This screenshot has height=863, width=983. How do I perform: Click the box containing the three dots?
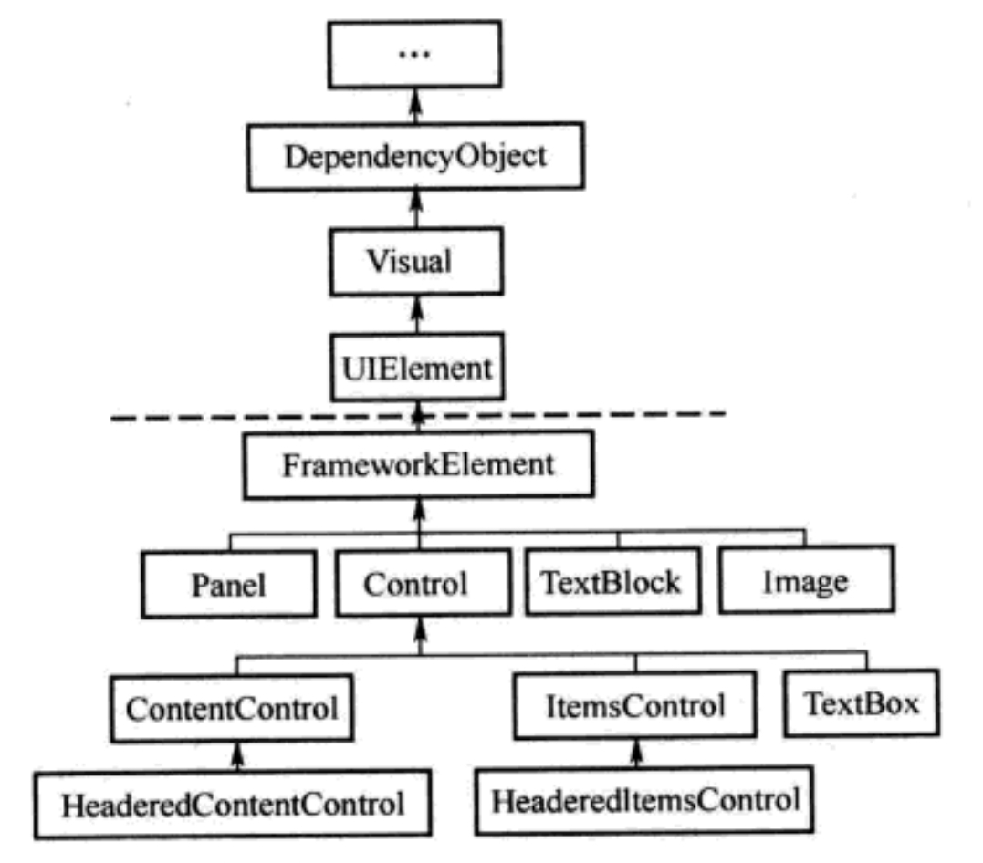(x=414, y=55)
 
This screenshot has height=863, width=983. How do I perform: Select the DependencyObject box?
(x=415, y=157)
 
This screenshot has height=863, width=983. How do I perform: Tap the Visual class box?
(x=416, y=261)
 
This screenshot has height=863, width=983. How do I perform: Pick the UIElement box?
(x=417, y=368)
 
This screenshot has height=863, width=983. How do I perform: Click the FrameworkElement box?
(x=419, y=464)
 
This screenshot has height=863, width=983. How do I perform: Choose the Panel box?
(x=229, y=585)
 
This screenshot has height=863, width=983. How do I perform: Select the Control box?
(x=424, y=583)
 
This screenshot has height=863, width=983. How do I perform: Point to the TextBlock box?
(x=613, y=581)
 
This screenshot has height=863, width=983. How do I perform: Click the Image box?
(x=807, y=579)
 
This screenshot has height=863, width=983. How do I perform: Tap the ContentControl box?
(x=232, y=708)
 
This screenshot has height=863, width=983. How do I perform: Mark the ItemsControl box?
(x=635, y=705)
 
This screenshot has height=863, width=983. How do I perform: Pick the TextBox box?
(x=862, y=702)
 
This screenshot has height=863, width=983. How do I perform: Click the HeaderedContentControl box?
(x=233, y=804)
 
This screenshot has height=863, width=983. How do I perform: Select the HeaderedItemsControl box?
(x=644, y=800)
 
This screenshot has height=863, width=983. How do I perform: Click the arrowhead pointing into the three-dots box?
(x=414, y=98)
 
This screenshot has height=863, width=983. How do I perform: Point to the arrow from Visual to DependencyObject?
(x=415, y=209)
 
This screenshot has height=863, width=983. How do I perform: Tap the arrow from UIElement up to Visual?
(x=417, y=315)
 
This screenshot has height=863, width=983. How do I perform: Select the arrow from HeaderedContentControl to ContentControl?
(x=236, y=756)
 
